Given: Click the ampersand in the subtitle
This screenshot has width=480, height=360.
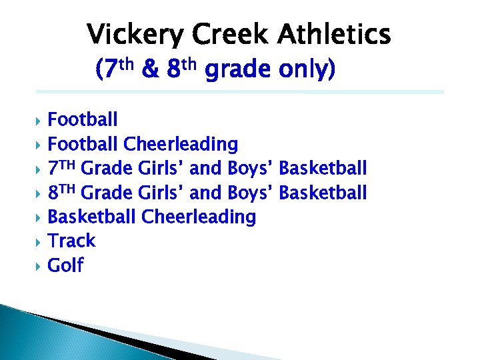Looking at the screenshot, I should coord(151,69).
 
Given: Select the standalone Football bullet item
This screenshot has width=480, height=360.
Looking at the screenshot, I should coord(83,120).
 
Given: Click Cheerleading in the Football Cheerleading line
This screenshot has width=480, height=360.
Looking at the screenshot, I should coord(181,144).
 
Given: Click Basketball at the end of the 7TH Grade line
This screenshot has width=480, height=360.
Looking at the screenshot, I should coord(323,168).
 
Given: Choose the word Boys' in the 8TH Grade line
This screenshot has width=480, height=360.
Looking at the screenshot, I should coord(251,193).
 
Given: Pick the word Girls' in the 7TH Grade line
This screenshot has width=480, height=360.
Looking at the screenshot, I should coord(162,168).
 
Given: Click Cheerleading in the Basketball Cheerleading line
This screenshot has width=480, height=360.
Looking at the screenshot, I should coord(199,217).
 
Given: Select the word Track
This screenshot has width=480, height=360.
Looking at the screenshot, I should coord(72,241).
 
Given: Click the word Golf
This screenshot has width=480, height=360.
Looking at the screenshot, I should coord(65,265).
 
